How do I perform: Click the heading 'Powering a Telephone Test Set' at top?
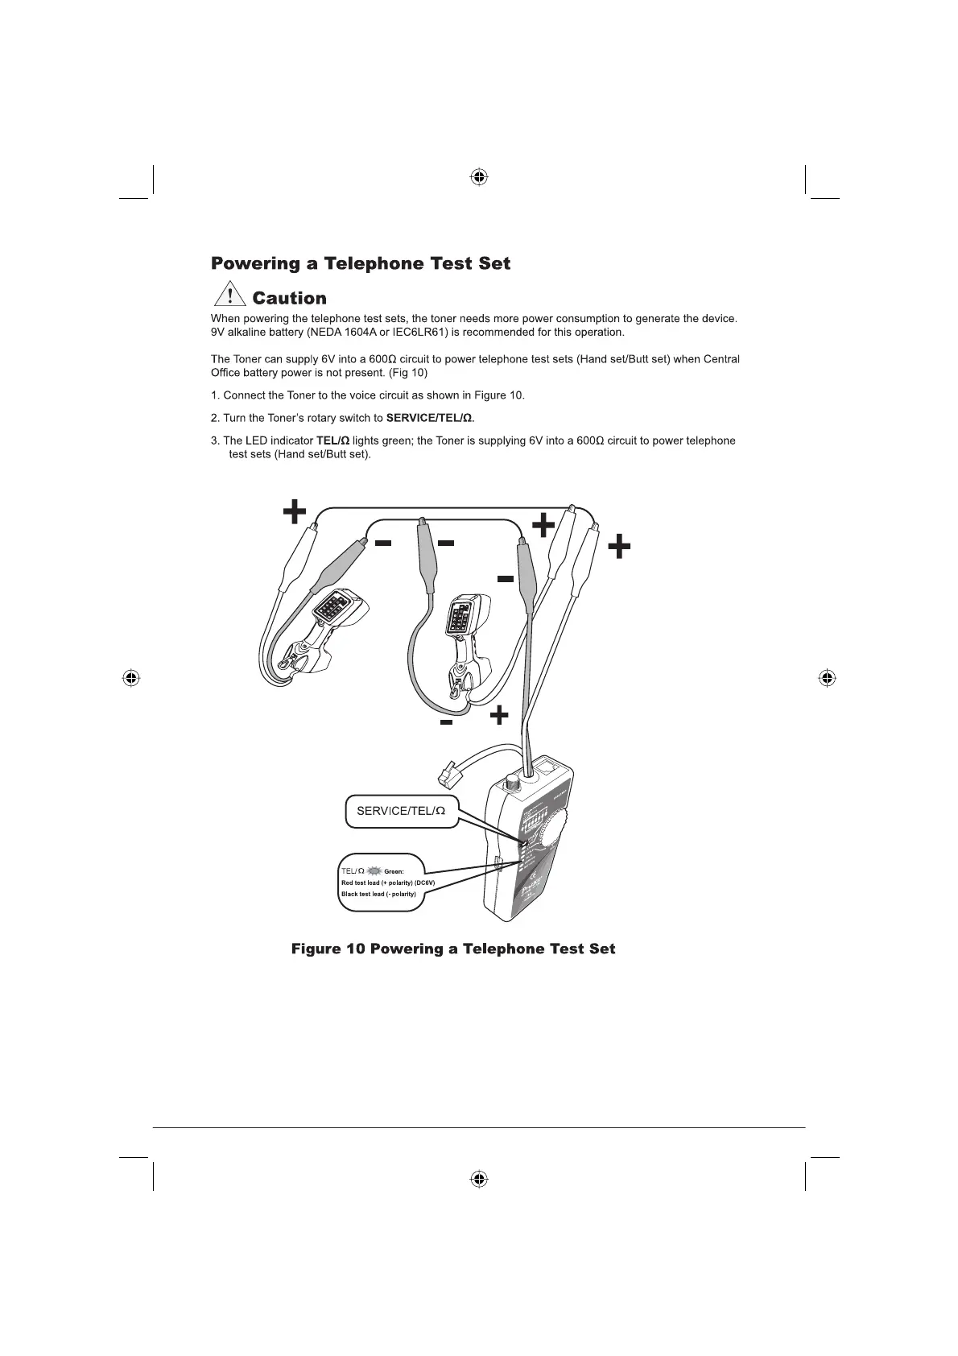(360, 264)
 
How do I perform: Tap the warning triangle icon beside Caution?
(230, 297)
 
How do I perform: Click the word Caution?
(289, 299)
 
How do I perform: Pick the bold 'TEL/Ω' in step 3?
(332, 440)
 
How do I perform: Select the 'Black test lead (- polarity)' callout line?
(378, 894)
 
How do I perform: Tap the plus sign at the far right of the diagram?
(618, 548)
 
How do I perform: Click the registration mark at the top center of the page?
(479, 176)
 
